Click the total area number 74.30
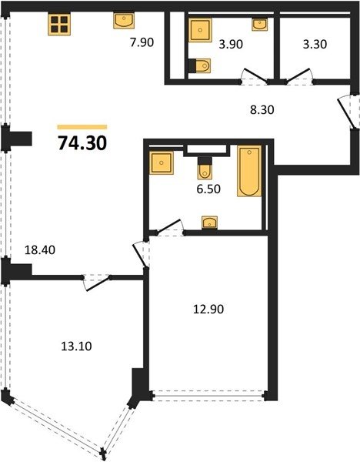82,143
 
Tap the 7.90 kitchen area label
142,42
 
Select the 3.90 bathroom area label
231,44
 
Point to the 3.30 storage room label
315,44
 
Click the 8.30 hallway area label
262,109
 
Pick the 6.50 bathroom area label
208,189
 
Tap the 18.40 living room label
40,250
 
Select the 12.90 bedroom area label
208,309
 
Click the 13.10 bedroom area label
76,346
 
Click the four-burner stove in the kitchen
59,24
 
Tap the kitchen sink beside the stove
124,21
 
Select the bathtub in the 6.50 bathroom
249,171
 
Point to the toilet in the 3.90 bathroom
199,65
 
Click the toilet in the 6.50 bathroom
205,168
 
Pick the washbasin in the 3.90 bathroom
260,25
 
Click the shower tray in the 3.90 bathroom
200,30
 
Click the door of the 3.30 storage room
298,76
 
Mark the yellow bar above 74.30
82,127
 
